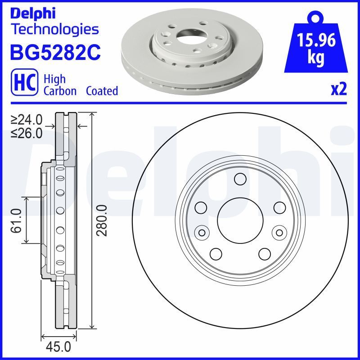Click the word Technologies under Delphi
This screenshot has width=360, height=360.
[54, 30]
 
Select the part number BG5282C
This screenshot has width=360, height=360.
[55, 52]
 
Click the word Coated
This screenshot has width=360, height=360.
[102, 91]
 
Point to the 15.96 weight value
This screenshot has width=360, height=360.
[316, 41]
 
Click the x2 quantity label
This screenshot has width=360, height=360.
[338, 90]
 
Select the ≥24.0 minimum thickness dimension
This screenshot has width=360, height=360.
[27, 120]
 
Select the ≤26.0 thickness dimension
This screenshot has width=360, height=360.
[27, 133]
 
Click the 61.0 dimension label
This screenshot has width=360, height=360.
[17, 220]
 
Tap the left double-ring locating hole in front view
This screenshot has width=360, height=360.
[202, 232]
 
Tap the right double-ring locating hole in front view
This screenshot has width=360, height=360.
[279, 232]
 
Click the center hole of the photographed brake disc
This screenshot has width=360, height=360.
[189, 36]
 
